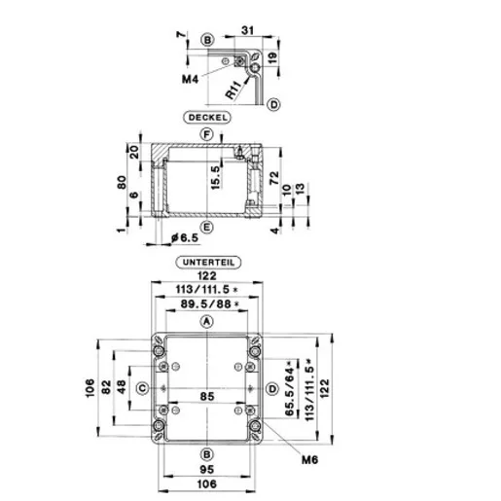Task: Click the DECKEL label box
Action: (207, 118)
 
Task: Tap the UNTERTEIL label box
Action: (208, 263)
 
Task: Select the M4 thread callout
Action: (190, 79)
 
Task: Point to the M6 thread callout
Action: (309, 459)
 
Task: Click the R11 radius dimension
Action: (233, 90)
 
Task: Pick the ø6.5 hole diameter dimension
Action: (185, 238)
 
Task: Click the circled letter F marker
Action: (207, 134)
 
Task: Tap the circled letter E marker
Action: (207, 227)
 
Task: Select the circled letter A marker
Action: (207, 322)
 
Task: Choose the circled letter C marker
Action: (143, 388)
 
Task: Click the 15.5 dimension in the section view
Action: (215, 177)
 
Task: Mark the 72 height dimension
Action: (274, 178)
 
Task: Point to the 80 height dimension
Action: (122, 182)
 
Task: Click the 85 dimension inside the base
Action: (207, 396)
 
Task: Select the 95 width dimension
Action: (207, 469)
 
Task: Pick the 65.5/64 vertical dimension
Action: (289, 388)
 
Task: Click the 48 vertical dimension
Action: (122, 387)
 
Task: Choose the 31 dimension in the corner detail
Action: (247, 30)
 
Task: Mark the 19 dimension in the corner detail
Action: (272, 57)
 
